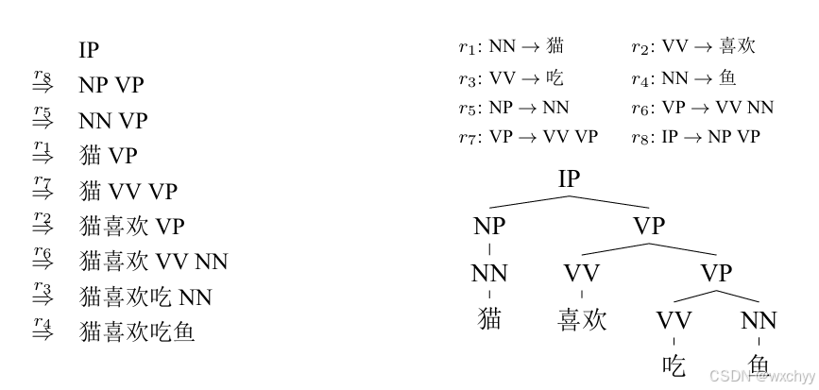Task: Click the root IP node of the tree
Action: pyautogui.click(x=569, y=178)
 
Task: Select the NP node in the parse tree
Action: pyautogui.click(x=489, y=227)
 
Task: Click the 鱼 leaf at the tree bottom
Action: pyautogui.click(x=759, y=365)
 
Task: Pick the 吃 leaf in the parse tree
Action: pyautogui.click(x=674, y=365)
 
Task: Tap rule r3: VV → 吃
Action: pyautogui.click(x=511, y=76)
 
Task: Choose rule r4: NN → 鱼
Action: pyautogui.click(x=684, y=76)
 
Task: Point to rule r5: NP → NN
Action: pyautogui.click(x=514, y=107)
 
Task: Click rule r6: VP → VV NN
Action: pyautogui.click(x=702, y=107)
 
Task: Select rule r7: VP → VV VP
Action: pyautogui.click(x=528, y=137)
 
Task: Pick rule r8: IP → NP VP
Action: pyautogui.click(x=695, y=137)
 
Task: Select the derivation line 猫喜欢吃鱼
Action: pyautogui.click(x=138, y=331)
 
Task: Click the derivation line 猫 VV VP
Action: pyautogui.click(x=128, y=191)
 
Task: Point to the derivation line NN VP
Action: pyautogui.click(x=113, y=121)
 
